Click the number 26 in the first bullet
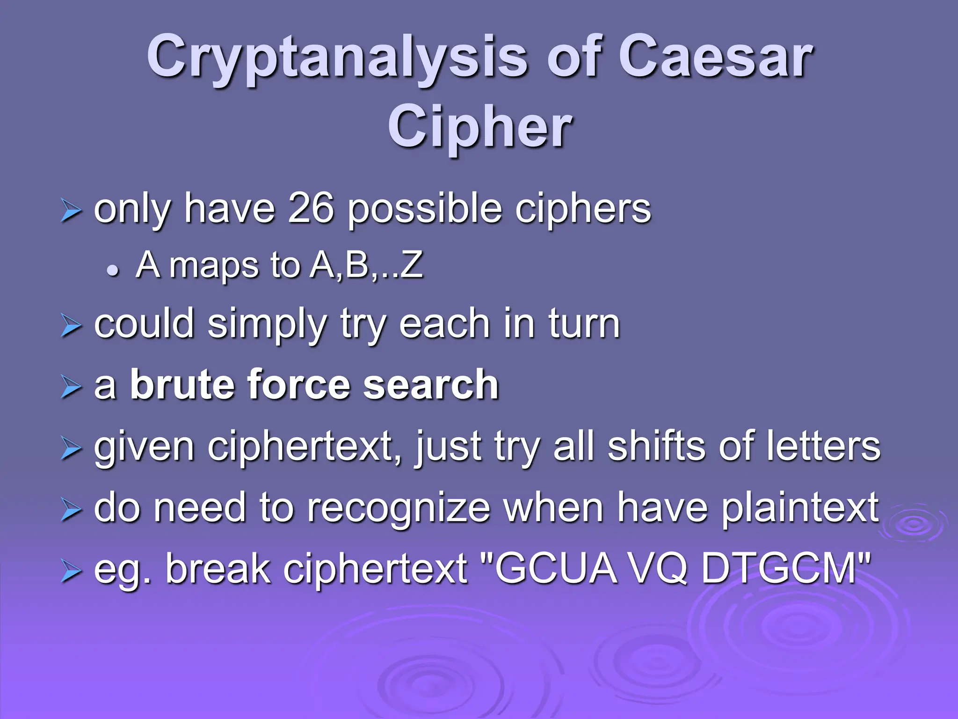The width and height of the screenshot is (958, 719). point(311,209)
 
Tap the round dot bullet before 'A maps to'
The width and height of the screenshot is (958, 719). point(112,270)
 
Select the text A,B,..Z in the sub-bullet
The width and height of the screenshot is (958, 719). point(367,265)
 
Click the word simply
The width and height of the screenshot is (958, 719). point(267,324)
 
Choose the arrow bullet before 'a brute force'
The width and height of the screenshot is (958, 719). point(71,388)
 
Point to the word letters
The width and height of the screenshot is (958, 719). point(823,447)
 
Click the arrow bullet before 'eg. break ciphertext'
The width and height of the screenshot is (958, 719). point(71,572)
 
